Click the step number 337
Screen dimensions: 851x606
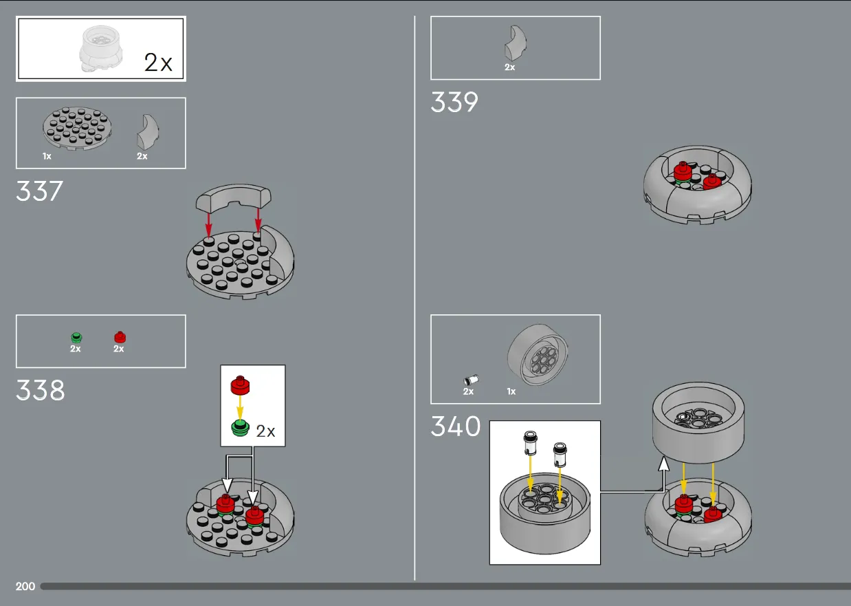tap(39, 191)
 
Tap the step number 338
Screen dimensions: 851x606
tap(41, 390)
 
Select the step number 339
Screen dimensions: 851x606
tap(454, 102)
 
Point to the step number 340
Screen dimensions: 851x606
tap(456, 426)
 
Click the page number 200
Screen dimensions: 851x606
tap(25, 586)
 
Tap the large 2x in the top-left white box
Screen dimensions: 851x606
tap(158, 63)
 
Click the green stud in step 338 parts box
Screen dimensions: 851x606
tap(76, 337)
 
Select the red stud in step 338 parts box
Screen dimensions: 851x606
tap(120, 337)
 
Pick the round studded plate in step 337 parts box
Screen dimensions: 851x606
tap(77, 128)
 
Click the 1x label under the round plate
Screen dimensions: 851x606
tap(47, 156)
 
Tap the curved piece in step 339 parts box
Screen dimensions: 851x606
tap(516, 43)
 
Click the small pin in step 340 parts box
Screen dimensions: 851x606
tap(472, 380)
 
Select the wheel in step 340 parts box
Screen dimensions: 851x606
tap(538, 354)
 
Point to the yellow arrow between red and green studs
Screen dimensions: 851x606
tap(240, 407)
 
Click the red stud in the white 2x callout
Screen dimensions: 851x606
tap(240, 385)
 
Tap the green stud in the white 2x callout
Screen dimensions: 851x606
tap(240, 428)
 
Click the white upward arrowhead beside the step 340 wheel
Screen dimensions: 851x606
tap(664, 464)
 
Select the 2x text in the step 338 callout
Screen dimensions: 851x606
tap(265, 431)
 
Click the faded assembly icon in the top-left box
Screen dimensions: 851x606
tap(100, 48)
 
